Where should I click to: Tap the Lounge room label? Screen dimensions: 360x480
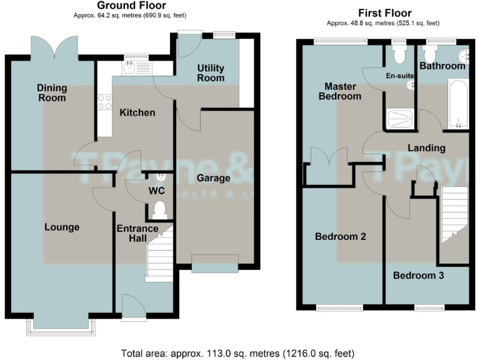pyautogui.click(x=62, y=227)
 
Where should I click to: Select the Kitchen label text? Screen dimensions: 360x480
pyautogui.click(x=137, y=112)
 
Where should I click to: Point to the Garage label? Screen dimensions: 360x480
pyautogui.click(x=213, y=178)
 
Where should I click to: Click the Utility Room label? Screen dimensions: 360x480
pyautogui.click(x=211, y=72)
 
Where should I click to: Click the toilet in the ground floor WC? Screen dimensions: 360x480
pyautogui.click(x=159, y=209)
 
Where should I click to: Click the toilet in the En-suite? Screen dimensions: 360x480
pyautogui.click(x=398, y=54)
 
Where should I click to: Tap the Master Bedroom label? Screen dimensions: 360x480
pyautogui.click(x=339, y=91)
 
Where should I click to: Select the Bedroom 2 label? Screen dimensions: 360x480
pyautogui.click(x=340, y=237)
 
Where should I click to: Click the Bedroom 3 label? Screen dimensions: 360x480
pyautogui.click(x=418, y=275)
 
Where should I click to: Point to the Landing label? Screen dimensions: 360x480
pyautogui.click(x=426, y=148)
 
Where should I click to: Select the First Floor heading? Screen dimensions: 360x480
pyautogui.click(x=384, y=13)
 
